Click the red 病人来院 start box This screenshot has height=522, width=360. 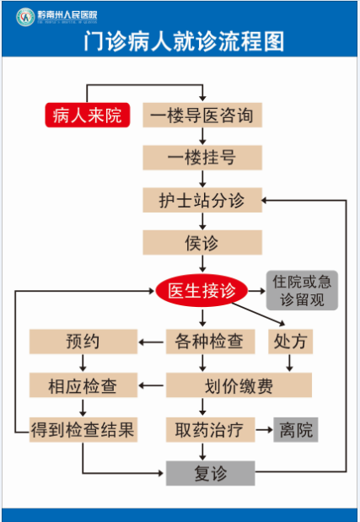88,115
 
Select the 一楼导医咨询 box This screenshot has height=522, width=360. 202,115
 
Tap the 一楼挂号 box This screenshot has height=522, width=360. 202,158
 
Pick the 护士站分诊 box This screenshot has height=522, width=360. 202,200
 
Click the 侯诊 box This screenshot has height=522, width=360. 202,242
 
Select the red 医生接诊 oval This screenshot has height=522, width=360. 201,290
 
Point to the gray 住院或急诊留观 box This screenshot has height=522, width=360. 302,290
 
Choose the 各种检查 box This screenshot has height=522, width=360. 210,342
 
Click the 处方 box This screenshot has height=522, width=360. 291,342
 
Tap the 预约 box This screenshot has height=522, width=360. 83,342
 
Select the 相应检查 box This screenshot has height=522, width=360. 83,385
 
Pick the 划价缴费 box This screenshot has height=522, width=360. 239,385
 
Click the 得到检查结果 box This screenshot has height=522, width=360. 83,430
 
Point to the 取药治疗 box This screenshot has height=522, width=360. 210,430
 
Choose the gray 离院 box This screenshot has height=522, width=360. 296,430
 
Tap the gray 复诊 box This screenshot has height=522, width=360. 210,473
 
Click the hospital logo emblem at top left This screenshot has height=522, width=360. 25,17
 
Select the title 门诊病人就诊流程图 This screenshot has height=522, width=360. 184,41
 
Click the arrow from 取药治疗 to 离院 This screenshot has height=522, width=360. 264,430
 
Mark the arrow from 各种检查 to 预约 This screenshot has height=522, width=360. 151,342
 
